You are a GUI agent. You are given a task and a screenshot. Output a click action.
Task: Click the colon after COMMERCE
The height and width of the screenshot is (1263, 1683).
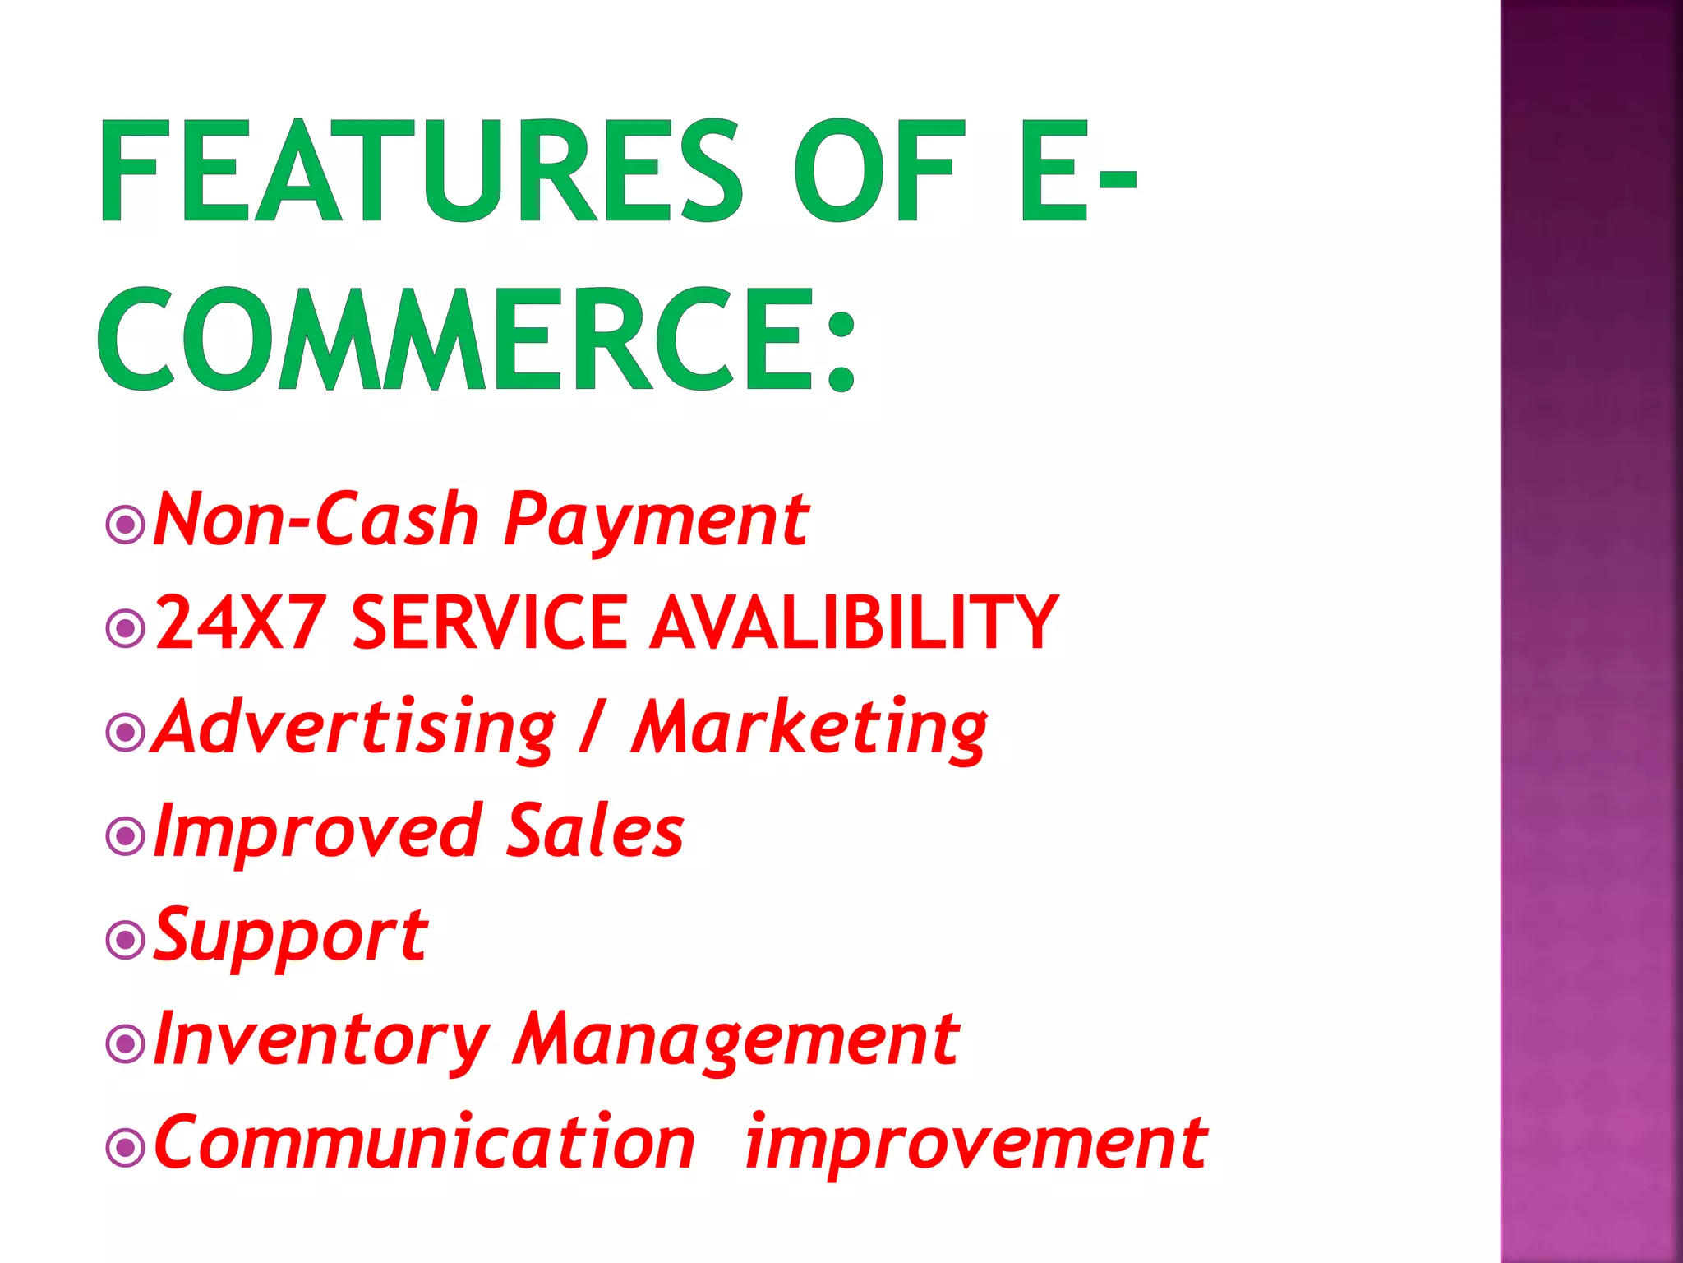(x=841, y=349)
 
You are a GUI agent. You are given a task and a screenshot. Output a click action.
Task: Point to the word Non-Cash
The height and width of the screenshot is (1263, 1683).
(x=316, y=520)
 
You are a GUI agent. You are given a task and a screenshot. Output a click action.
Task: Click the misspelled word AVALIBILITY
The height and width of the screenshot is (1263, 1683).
(x=854, y=622)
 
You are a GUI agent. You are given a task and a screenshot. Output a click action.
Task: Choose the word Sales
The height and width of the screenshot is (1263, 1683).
(x=595, y=830)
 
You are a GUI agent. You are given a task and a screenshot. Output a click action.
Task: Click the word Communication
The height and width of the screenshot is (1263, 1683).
(x=424, y=1143)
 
